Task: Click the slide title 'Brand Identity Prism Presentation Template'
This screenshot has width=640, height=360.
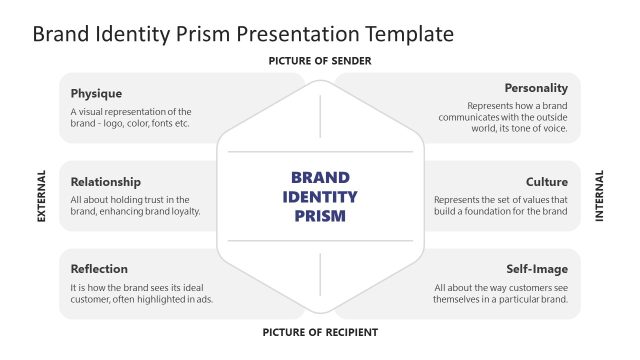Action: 243,34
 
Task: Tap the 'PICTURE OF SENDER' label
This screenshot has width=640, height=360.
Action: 320,61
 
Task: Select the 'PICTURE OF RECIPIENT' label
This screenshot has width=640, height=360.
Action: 320,332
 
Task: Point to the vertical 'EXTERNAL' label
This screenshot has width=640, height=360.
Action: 42,196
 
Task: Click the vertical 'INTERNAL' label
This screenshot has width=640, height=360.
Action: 599,196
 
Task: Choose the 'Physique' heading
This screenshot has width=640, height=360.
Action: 96,94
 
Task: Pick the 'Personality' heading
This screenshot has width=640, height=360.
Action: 536,88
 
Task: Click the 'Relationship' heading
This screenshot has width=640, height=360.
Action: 105,182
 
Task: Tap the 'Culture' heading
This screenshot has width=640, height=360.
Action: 547,182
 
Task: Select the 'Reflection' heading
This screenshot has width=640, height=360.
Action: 99,269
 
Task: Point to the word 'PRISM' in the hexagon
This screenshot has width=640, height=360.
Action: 320,215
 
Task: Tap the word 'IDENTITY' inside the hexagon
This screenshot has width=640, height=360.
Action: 320,196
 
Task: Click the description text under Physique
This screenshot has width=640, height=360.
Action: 130,118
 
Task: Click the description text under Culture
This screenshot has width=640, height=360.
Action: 501,205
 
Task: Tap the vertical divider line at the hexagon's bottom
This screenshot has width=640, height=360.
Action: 320,274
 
